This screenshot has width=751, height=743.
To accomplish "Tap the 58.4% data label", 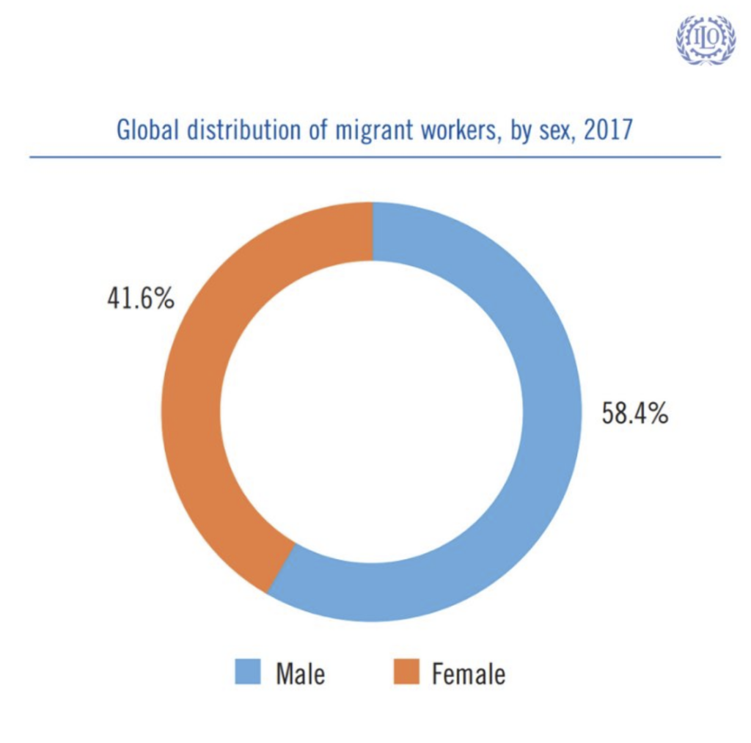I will coord(635,413).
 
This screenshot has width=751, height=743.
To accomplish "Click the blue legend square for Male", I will coord(248,671).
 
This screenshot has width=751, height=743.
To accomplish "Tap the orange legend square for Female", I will coord(405,671).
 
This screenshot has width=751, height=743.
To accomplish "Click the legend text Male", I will coord(300,672).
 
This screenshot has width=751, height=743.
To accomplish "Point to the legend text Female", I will coord(468,672).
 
